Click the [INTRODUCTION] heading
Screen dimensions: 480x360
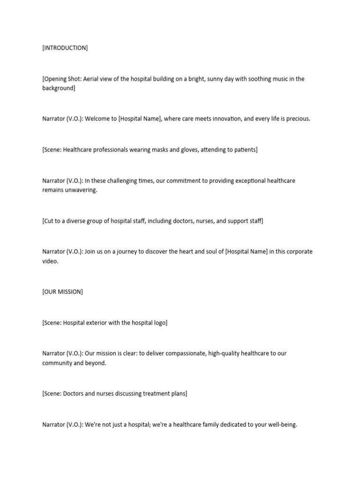[x=65, y=48]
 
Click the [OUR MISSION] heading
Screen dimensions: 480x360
[x=62, y=292]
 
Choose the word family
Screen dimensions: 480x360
[x=198, y=425]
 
